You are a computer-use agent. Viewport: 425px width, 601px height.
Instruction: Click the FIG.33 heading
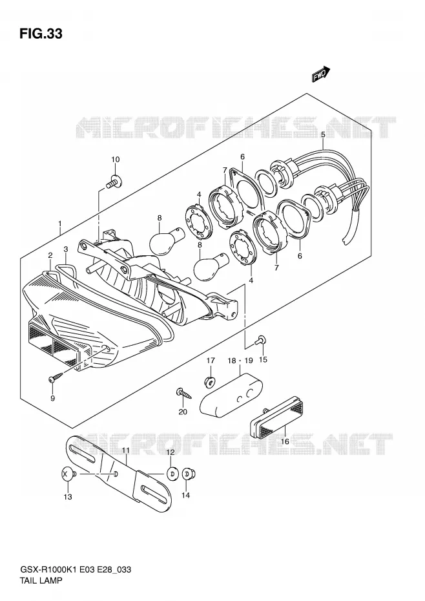tap(41, 34)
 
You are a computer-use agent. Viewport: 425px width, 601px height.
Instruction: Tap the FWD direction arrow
tap(321, 74)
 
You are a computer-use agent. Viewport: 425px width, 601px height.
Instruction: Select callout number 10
tap(116, 160)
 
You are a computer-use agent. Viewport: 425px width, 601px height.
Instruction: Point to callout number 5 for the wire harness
tap(323, 134)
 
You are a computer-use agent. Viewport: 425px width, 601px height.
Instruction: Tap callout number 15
tap(263, 359)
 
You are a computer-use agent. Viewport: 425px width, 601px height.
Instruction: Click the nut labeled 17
tap(210, 381)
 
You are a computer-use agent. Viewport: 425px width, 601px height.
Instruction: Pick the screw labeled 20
tap(183, 393)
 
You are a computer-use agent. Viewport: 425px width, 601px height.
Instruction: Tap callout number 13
tap(68, 497)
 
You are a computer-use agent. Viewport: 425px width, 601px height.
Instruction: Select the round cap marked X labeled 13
tap(67, 474)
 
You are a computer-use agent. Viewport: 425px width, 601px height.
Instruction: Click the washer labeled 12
tap(173, 474)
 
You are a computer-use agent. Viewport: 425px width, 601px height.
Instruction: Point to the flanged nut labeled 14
tap(188, 474)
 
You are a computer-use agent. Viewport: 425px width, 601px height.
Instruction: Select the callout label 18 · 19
tap(240, 361)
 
